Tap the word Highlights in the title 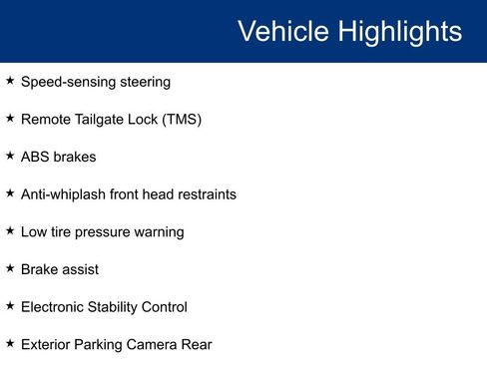click(x=397, y=31)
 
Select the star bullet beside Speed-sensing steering click(x=10, y=81)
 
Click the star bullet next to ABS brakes click(x=10, y=156)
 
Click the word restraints click(x=205, y=194)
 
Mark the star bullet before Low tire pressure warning click(x=10, y=230)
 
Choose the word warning click(x=160, y=232)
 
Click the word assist click(x=81, y=269)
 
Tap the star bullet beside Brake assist click(x=10, y=268)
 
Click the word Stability click(x=125, y=307)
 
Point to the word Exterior click(x=47, y=345)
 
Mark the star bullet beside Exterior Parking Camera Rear click(x=10, y=343)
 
